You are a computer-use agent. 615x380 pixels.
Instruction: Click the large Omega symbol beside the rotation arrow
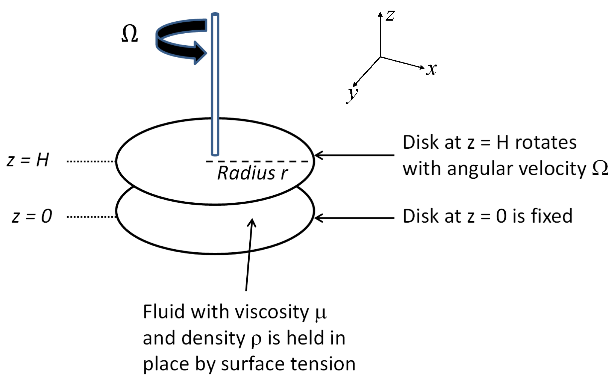pos(130,34)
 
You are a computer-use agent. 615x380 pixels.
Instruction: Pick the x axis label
pos(431,70)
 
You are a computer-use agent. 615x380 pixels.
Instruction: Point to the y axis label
pos(352,95)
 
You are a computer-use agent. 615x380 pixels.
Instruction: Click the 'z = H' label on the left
pos(28,160)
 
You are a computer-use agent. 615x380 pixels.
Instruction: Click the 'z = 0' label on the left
pos(32,216)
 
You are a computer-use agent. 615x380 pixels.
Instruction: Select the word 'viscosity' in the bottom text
pos(272,312)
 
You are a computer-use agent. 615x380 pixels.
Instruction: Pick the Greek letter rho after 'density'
pos(256,339)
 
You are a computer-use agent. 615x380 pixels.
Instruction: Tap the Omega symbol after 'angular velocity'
pos(600,168)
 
